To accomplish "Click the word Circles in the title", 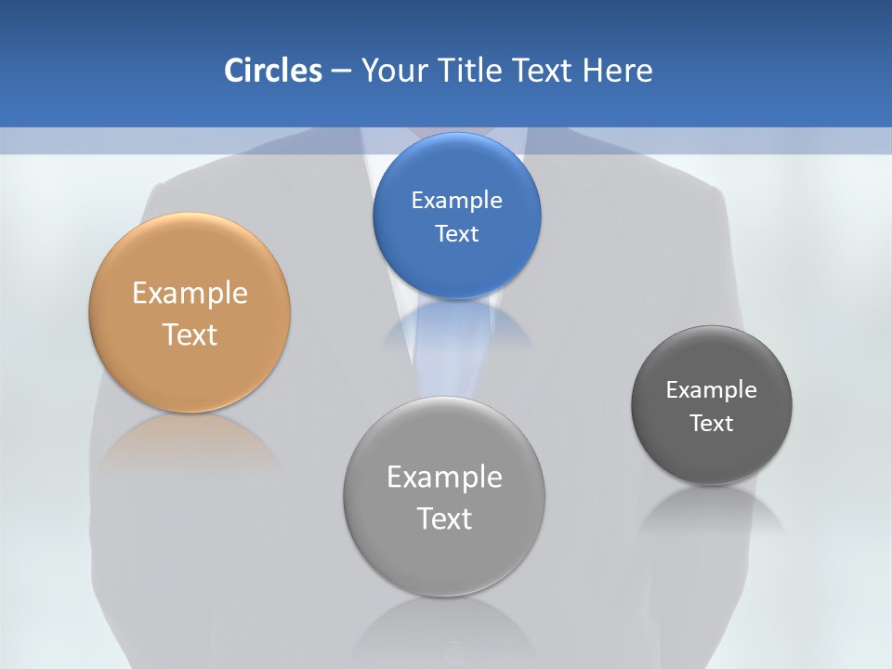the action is [x=273, y=71].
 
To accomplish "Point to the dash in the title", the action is [x=341, y=72].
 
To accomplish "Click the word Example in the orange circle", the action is [x=190, y=294].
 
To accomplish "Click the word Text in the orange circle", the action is [x=190, y=334].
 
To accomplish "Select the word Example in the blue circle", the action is [x=456, y=201].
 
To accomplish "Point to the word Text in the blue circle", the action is [x=456, y=233].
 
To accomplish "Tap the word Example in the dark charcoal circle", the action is [x=712, y=390].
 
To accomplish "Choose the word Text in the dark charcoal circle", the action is [x=712, y=424].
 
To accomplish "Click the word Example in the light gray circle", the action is [x=444, y=478].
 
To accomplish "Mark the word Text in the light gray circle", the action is [x=444, y=518].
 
